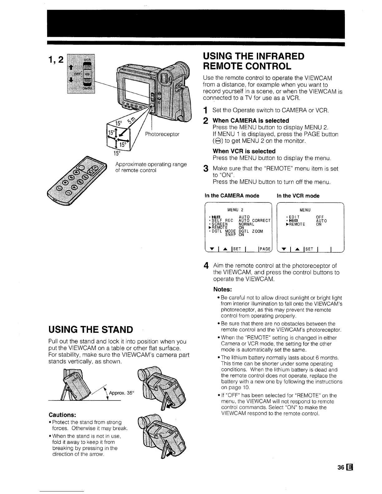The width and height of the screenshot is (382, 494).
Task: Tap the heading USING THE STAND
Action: point(91,329)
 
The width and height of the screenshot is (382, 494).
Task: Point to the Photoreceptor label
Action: point(162,134)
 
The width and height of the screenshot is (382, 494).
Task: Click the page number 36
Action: point(340,467)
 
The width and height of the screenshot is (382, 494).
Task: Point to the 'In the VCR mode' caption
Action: point(298,196)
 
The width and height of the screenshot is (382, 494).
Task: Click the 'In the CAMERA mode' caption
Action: point(232,196)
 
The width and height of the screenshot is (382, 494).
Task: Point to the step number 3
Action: point(205,169)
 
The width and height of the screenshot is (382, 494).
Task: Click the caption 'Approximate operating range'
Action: point(151,164)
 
